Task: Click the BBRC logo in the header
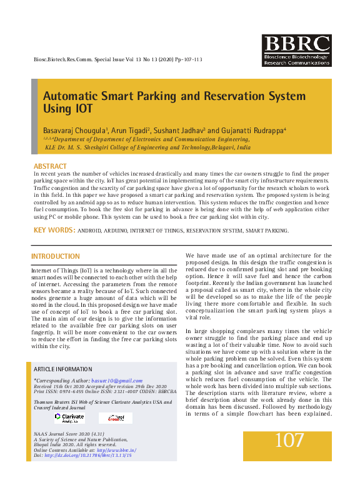tap(296, 51)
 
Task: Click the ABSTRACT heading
tap(50, 166)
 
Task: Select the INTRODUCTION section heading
tap(56, 257)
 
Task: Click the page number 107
tap(289, 441)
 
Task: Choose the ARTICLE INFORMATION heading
tap(62, 369)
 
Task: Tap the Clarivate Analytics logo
tap(69, 417)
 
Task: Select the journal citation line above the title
tap(117, 59)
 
